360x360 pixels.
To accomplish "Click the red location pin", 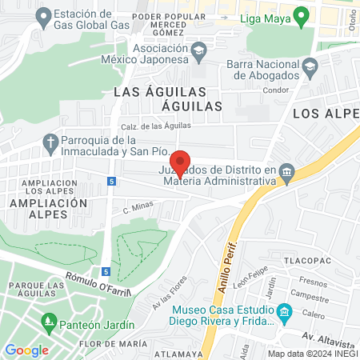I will (181, 163).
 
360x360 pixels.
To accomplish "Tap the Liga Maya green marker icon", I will (301, 14).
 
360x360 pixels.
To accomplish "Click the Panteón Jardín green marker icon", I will (48, 324).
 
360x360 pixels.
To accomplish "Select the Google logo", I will (26, 350).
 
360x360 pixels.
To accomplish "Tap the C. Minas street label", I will (138, 210).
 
